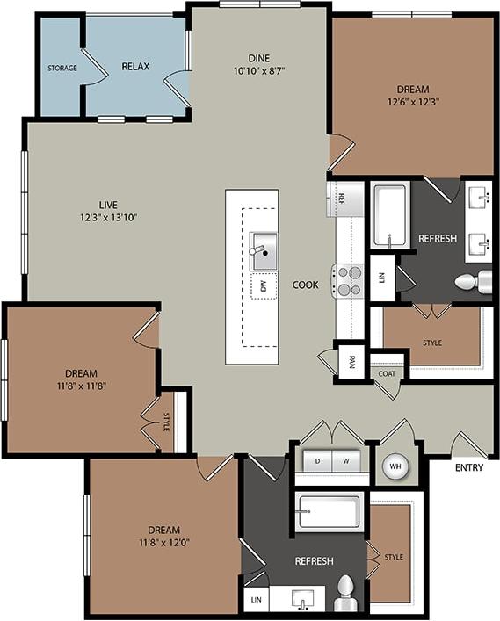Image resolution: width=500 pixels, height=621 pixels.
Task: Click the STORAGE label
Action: (x=62, y=68)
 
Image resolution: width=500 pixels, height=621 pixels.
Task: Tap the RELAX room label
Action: (x=134, y=66)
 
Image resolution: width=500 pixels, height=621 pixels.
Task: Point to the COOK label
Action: (x=305, y=285)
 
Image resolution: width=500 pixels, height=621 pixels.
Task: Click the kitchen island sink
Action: (x=262, y=250)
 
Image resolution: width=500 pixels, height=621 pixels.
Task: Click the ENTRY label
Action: (x=469, y=467)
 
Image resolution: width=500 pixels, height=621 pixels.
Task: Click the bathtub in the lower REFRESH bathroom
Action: (x=329, y=510)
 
